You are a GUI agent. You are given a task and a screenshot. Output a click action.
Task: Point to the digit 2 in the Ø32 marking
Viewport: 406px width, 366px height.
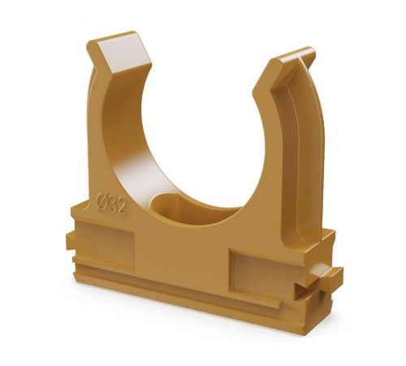(x=122, y=207)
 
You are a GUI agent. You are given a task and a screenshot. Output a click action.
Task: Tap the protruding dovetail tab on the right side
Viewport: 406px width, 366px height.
(x=326, y=274)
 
